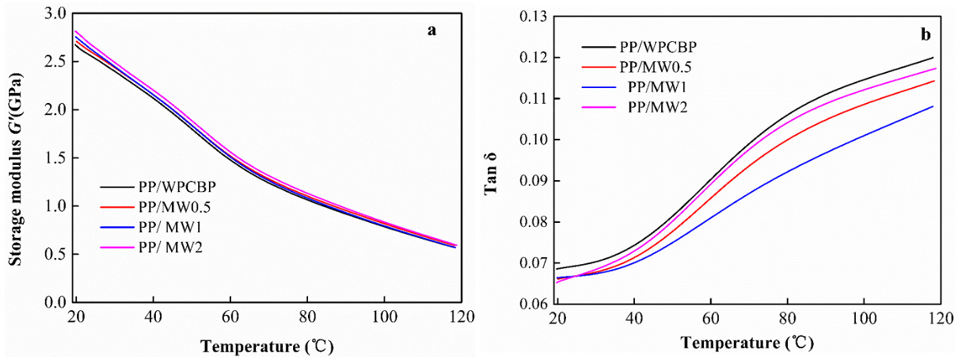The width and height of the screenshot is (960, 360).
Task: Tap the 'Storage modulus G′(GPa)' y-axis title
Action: click(16, 169)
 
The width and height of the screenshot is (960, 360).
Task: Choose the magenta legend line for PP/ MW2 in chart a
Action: click(117, 247)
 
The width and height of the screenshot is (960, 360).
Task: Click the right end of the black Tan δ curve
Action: click(933, 58)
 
